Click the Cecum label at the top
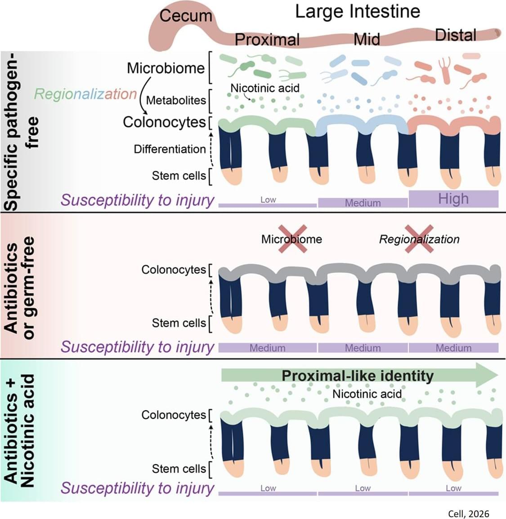pyautogui.click(x=186, y=16)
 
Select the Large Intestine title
pyautogui.click(x=358, y=12)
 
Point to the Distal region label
pyautogui.click(x=456, y=35)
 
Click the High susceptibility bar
pyautogui.click(x=453, y=199)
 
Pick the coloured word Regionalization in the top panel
pyautogui.click(x=85, y=93)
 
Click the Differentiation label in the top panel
pyautogui.click(x=170, y=149)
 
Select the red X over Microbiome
pyautogui.click(x=292, y=239)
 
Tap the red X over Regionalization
pyautogui.click(x=419, y=239)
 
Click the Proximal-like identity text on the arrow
pyautogui.click(x=358, y=376)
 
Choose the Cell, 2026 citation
pyautogui.click(x=468, y=514)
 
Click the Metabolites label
pyautogui.click(x=176, y=100)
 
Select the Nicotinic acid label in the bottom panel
pyautogui.click(x=367, y=394)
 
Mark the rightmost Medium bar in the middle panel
pyautogui.click(x=453, y=348)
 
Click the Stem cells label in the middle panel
pyautogui.click(x=179, y=323)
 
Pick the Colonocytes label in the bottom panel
pyautogui.click(x=174, y=415)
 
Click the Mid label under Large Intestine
pyautogui.click(x=367, y=39)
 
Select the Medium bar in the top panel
pyautogui.click(x=363, y=203)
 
